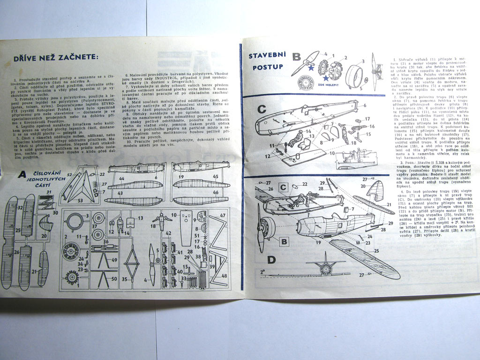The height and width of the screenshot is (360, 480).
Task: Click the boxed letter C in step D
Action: (x=283, y=187)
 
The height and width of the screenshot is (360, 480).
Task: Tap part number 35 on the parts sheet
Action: (x=125, y=279)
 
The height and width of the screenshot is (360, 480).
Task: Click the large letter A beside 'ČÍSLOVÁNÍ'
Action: (x=22, y=174)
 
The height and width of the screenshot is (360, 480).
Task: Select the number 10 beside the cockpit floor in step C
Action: (x=331, y=152)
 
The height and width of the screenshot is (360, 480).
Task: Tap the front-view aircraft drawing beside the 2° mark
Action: (x=325, y=265)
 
